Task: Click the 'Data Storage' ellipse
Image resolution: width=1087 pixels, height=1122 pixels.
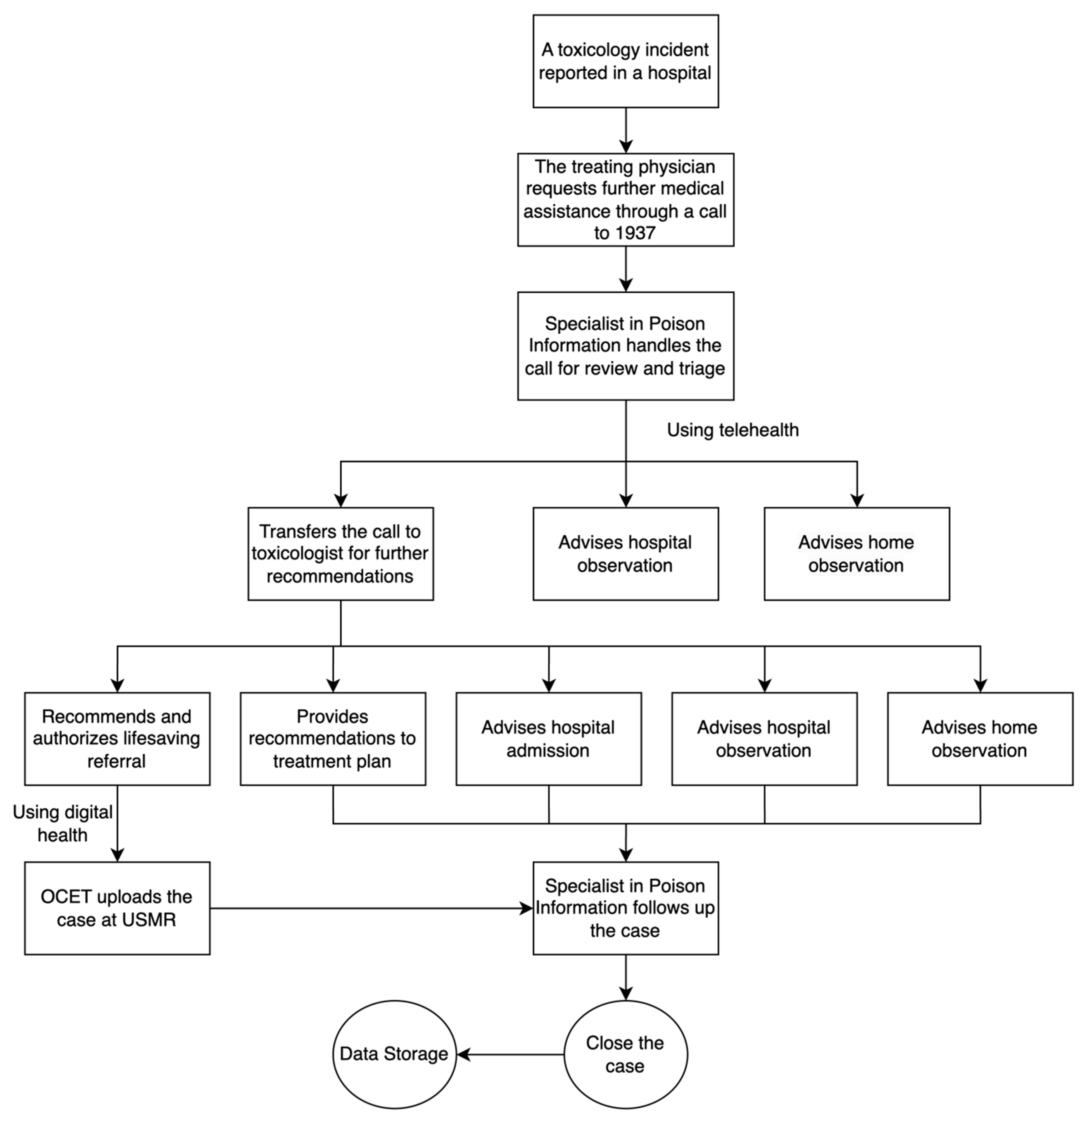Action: pos(394,1054)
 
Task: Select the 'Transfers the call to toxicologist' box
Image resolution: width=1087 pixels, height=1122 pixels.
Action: pos(340,553)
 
